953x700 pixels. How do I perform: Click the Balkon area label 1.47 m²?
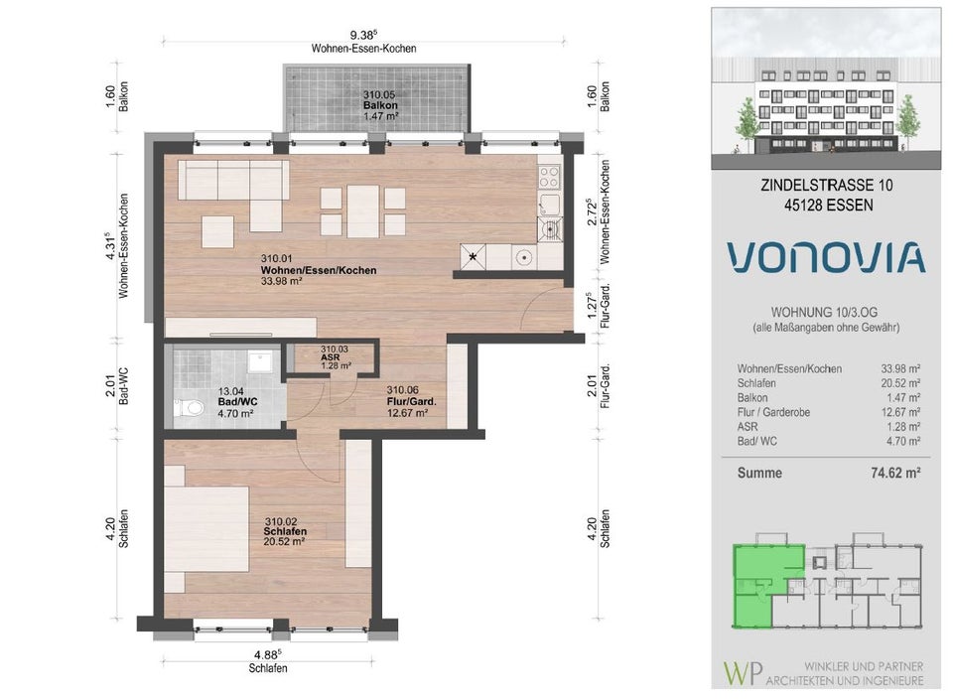tap(380, 115)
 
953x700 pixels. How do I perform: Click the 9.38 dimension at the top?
tap(364, 35)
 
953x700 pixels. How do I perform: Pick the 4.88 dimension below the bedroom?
tap(268, 655)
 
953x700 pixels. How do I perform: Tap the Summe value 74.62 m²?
tap(895, 473)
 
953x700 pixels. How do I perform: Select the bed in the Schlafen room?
tap(206, 528)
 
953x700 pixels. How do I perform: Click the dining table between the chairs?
tap(363, 211)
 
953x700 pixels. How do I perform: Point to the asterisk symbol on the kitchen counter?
tap(473, 256)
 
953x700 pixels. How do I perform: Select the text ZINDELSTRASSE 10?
tap(827, 186)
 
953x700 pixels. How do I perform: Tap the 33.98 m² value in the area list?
tap(900, 368)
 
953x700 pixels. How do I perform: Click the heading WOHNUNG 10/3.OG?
tap(824, 313)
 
